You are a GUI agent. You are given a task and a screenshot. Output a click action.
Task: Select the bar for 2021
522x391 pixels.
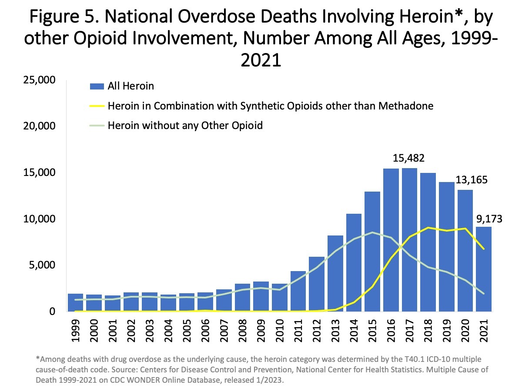483,269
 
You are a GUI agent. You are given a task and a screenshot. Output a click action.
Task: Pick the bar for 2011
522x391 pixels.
298,291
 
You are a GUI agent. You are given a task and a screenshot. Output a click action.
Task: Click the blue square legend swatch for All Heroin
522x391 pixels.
99,86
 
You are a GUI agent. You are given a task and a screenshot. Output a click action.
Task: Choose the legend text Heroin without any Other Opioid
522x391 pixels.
185,126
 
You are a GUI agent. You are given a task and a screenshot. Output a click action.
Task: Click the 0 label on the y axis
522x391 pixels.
52,311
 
